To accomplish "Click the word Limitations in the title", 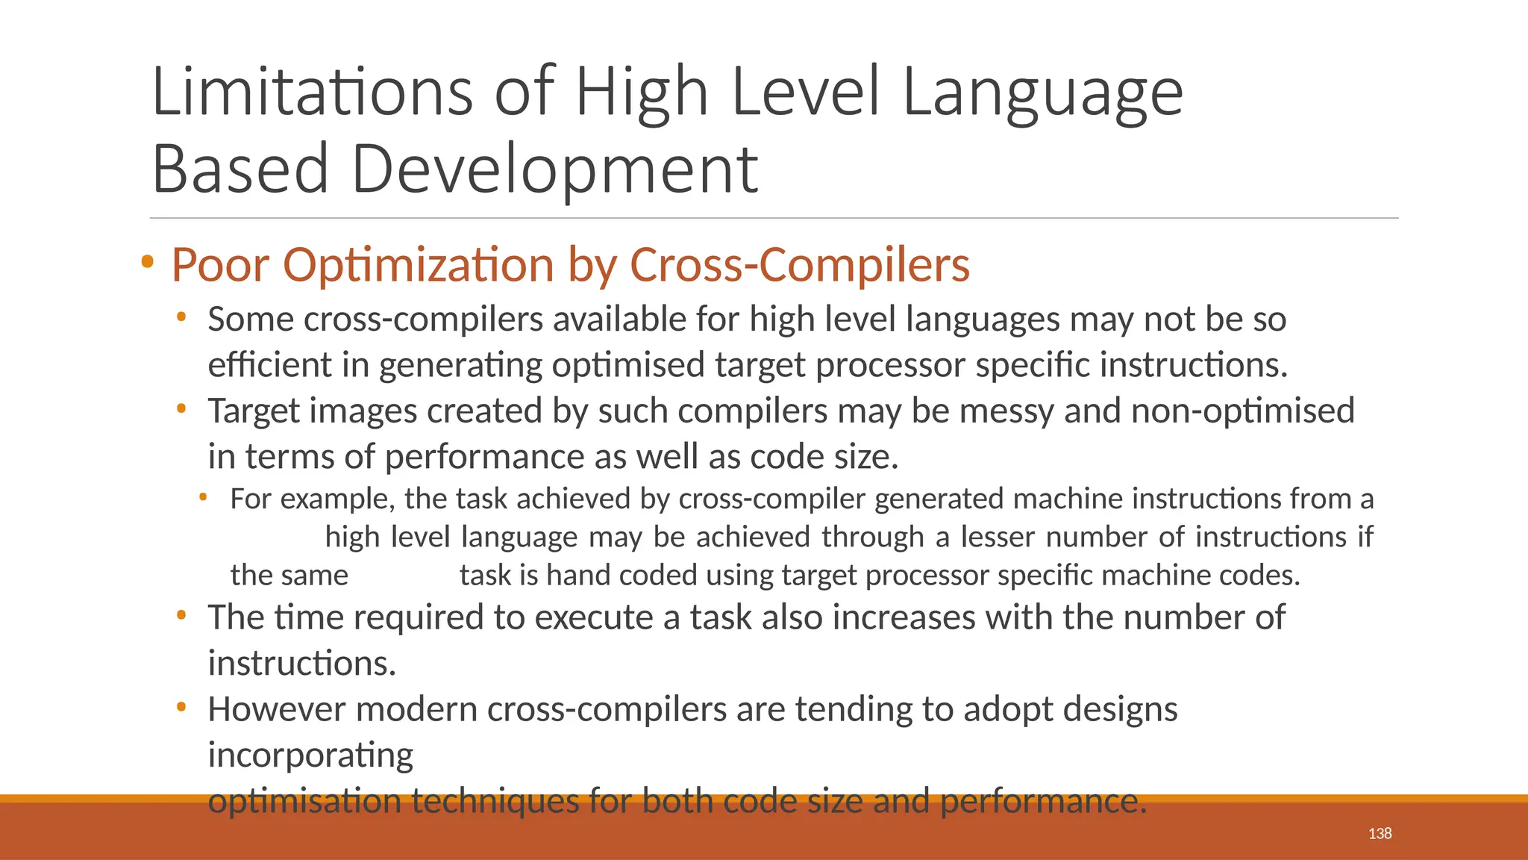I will click(x=313, y=92).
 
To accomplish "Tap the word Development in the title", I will click(x=554, y=169).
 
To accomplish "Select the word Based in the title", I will click(x=240, y=169).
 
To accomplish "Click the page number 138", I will click(x=1380, y=833).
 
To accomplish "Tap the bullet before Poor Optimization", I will click(x=147, y=262).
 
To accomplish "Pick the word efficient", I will click(x=269, y=365).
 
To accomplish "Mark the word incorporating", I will click(x=310, y=755).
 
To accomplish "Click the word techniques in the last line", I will click(x=495, y=801).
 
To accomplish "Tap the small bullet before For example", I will click(x=202, y=496).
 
